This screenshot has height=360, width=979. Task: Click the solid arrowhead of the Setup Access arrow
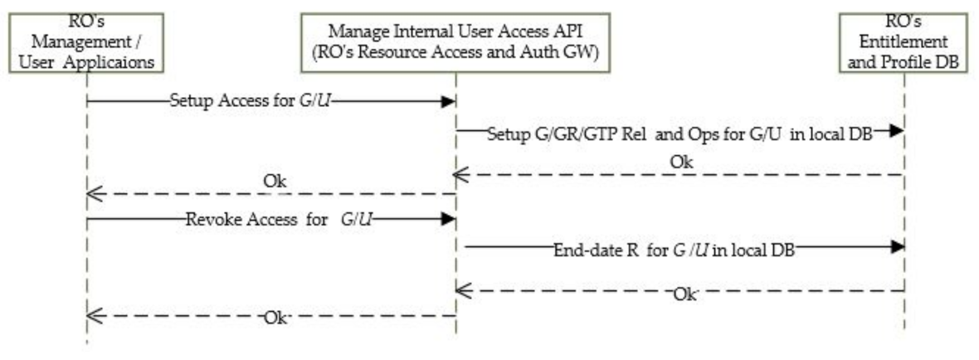tap(449, 101)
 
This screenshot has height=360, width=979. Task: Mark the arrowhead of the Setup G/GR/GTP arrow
tap(897, 131)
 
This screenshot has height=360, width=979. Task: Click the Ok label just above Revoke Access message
tap(275, 180)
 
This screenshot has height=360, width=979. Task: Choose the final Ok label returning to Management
tap(275, 317)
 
